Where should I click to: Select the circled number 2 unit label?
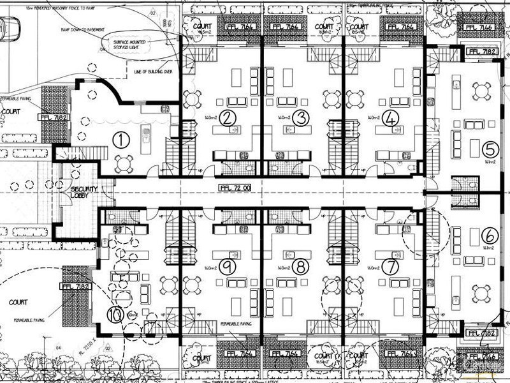pos(229,117)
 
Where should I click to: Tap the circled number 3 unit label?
pos(303,117)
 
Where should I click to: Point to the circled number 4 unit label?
pos(391,117)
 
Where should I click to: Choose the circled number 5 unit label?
pos(490,149)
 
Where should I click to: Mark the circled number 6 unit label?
pos(490,235)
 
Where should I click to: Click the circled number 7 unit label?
pos(391,266)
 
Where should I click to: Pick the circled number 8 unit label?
pos(302,266)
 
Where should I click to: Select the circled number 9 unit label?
pos(229,266)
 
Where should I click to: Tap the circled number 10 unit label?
pos(115,313)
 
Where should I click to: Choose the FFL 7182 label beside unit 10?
pos(76,287)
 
